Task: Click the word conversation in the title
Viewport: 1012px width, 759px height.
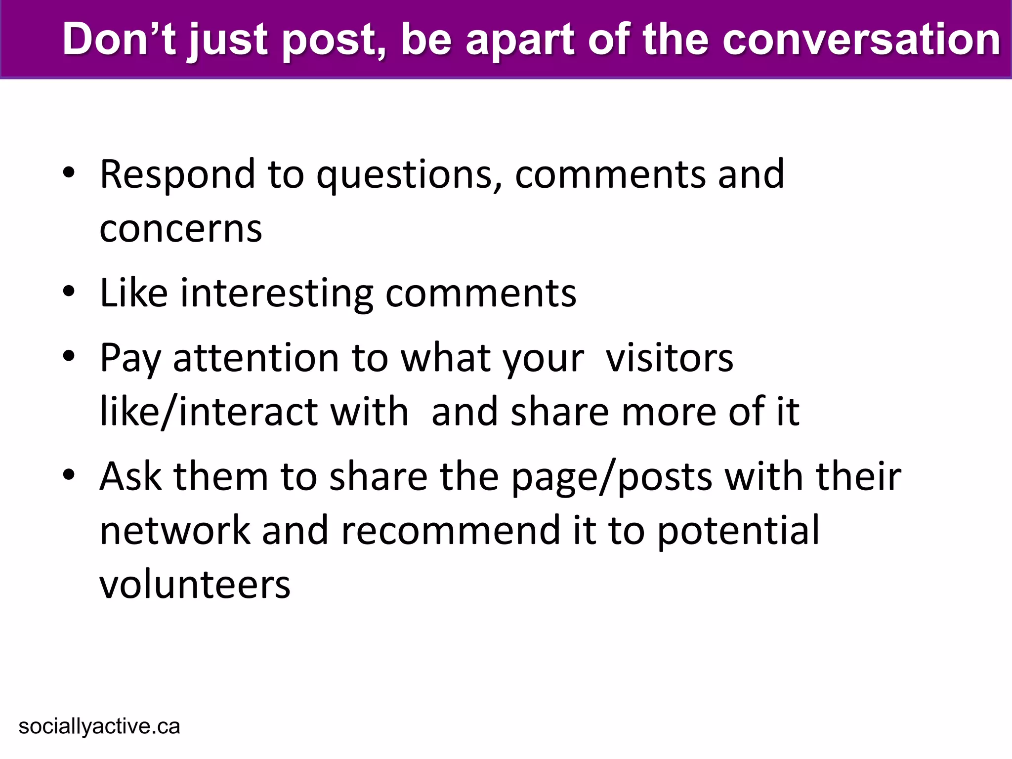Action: pos(861,40)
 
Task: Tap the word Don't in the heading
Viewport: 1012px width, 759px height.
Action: pos(119,40)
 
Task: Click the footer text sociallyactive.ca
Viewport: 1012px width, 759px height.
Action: pos(99,727)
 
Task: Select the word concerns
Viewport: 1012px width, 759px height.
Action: pos(181,229)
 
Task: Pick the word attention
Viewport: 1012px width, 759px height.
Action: pos(255,358)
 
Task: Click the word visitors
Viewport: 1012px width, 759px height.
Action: pos(670,358)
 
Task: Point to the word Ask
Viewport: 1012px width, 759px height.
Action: pos(130,476)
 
